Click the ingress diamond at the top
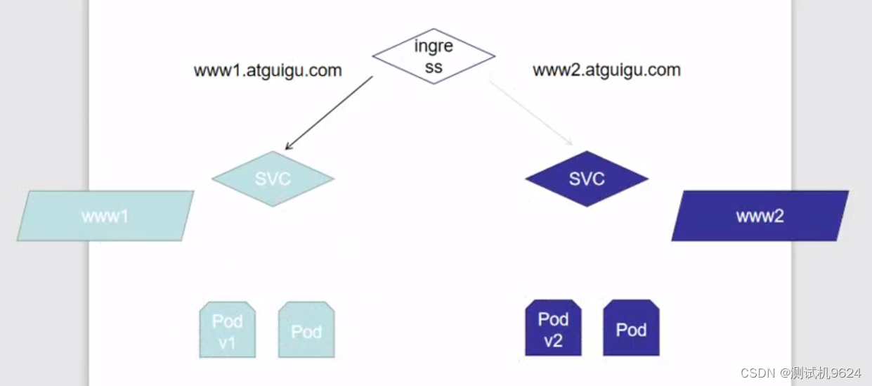(x=434, y=56)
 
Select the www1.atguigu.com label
(x=268, y=70)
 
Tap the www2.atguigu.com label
(x=606, y=70)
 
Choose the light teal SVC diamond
(x=273, y=179)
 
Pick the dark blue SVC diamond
(x=587, y=179)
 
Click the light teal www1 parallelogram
(x=105, y=216)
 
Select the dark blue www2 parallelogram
(x=760, y=216)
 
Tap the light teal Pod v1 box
(x=228, y=330)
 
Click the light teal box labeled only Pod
(x=306, y=330)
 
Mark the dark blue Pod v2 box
(x=553, y=328)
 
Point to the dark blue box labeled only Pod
(x=631, y=328)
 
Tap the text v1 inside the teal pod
(x=228, y=344)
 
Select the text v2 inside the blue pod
(x=553, y=342)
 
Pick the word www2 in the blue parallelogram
(x=760, y=216)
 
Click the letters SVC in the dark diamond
(x=587, y=179)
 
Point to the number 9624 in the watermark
(x=847, y=373)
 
